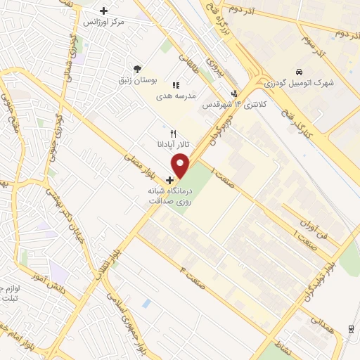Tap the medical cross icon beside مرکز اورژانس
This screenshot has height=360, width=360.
(104, 11)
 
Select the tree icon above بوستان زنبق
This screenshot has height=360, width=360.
(137, 68)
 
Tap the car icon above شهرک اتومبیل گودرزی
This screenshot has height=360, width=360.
(300, 72)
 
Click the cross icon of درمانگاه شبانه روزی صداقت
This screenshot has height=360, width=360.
(169, 180)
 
